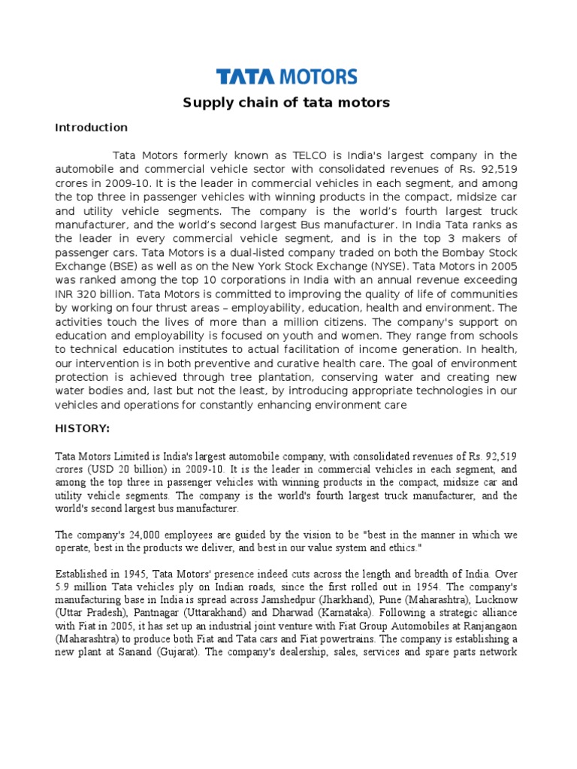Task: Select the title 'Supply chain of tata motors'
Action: pyautogui.click(x=287, y=102)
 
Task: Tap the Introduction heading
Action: pyautogui.click(x=91, y=128)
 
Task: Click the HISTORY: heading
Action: pyautogui.click(x=83, y=427)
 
